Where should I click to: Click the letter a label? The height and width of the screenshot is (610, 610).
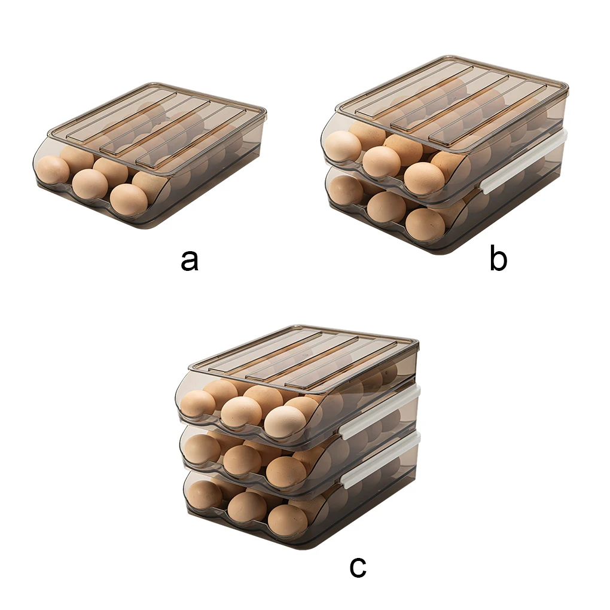tap(189, 260)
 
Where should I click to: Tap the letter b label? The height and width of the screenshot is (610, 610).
tap(498, 260)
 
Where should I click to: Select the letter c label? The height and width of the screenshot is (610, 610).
tap(358, 566)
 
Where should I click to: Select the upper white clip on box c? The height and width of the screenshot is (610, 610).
tap(380, 413)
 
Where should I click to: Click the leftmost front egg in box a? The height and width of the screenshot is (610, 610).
tap(53, 169)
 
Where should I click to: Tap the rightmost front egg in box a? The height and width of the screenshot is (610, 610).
tap(129, 199)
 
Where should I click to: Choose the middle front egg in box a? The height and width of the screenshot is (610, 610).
tap(90, 184)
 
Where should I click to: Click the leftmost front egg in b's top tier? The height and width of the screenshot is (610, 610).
tap(343, 146)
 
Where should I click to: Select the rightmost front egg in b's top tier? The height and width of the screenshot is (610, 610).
tap(424, 178)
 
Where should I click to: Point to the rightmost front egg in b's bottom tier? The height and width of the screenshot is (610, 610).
tap(425, 224)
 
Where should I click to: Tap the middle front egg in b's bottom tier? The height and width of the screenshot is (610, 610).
tap(386, 207)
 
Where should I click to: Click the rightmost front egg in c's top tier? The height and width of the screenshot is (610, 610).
tap(285, 421)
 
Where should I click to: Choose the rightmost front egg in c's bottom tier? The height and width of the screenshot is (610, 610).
tap(287, 520)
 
